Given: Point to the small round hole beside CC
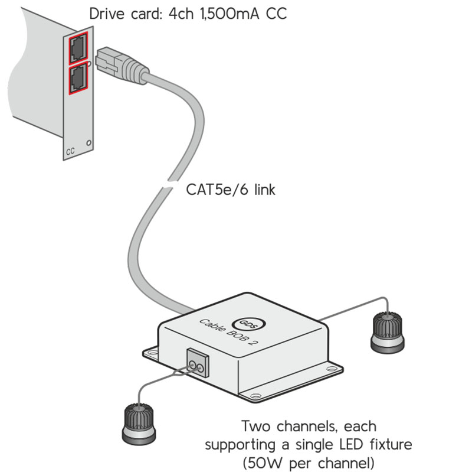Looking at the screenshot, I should click(89, 142).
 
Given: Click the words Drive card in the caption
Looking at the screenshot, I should click(122, 14).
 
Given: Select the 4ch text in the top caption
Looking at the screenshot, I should click(178, 14).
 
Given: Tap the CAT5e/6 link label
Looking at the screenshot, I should click(231, 190).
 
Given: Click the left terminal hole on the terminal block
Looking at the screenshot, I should click(192, 369).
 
